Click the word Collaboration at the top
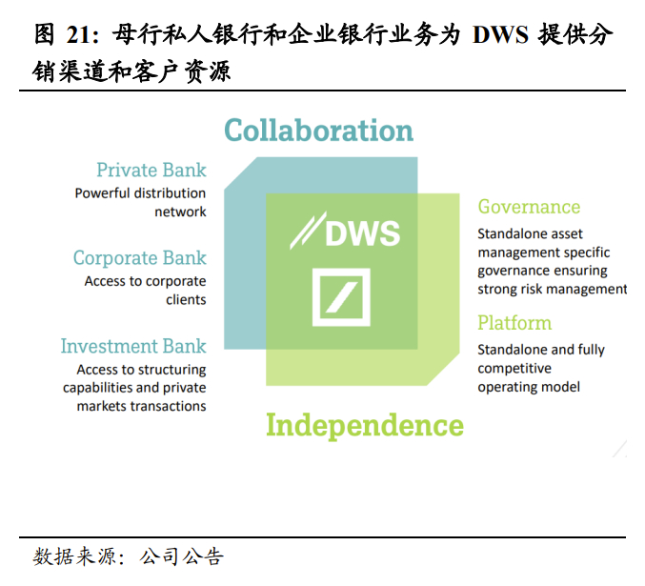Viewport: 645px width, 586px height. click(318, 130)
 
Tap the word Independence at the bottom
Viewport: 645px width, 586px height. click(364, 425)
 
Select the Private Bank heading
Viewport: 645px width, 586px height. click(151, 171)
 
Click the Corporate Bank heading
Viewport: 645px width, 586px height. click(139, 258)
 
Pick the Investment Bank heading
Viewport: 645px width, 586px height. click(133, 346)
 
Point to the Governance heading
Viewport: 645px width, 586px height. click(529, 207)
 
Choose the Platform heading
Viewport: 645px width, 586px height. click(514, 323)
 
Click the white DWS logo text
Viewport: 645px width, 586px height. click(362, 232)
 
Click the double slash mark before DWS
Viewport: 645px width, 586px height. click(305, 232)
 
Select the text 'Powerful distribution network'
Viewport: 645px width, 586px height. click(141, 202)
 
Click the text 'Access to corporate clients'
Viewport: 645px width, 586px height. click(145, 291)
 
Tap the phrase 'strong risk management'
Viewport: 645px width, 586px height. click(553, 289)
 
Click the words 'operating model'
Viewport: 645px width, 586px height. click(529, 386)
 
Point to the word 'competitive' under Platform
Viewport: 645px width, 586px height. click(514, 368)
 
